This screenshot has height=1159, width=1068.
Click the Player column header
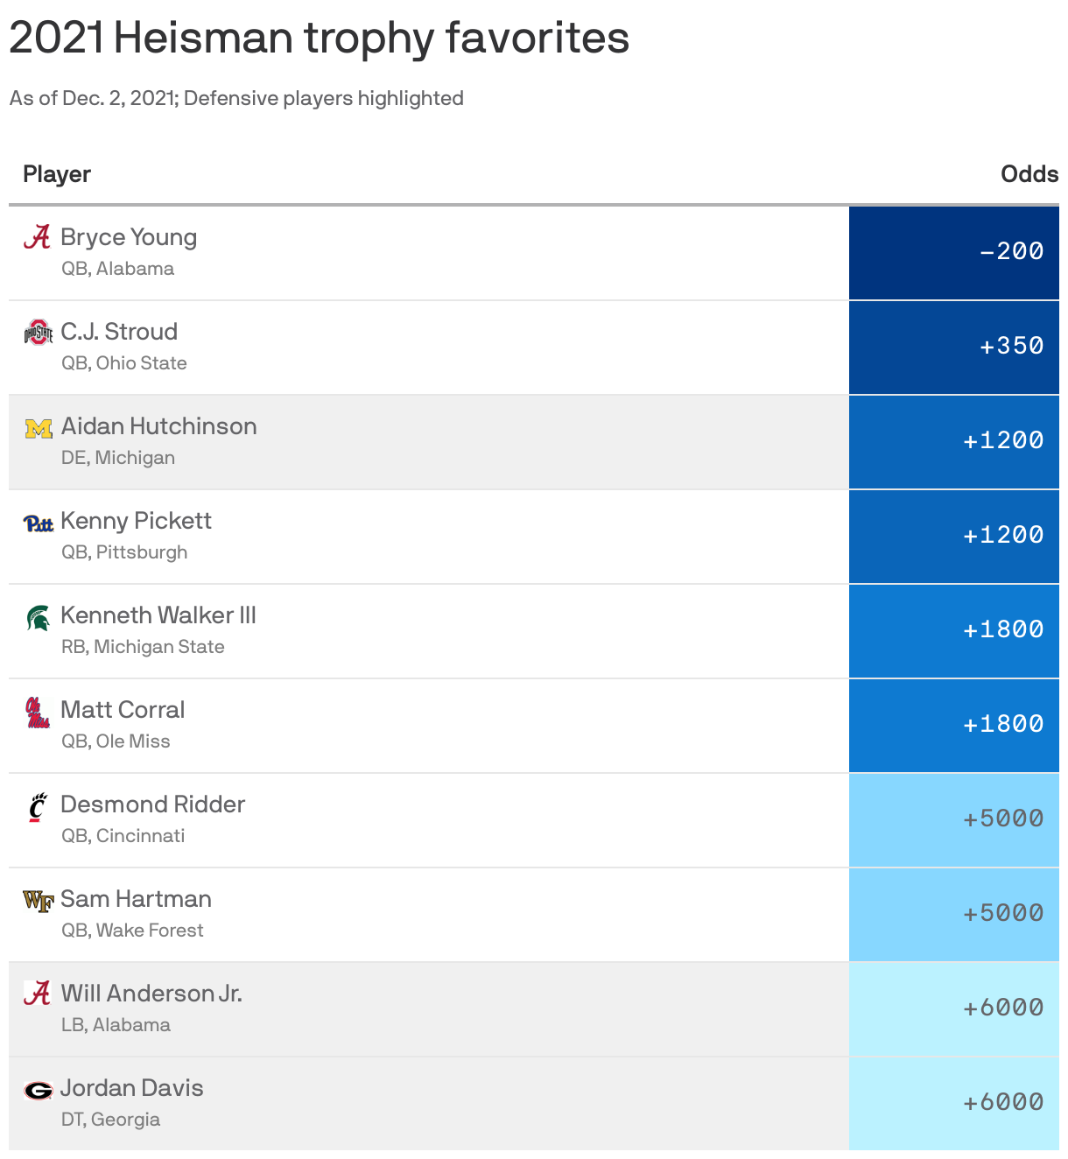[57, 174]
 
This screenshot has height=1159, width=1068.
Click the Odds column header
[1029, 174]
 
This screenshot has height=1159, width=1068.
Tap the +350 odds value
[1011, 347]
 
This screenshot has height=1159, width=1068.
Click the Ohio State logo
[39, 333]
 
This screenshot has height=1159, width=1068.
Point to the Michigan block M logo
[39, 428]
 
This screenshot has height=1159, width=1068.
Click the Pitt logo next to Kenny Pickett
[39, 523]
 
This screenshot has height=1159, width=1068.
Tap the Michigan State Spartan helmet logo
[39, 618]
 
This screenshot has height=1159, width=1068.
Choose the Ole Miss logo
[38, 713]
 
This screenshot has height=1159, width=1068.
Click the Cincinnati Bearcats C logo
[37, 807]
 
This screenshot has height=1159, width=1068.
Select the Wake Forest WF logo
[39, 901]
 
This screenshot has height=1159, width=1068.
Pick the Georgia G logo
[39, 1091]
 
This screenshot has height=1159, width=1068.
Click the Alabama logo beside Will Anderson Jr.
[37, 994]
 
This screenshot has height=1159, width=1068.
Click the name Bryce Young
[129, 237]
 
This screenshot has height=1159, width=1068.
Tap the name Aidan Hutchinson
[158, 426]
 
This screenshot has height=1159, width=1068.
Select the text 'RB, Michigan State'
[143, 647]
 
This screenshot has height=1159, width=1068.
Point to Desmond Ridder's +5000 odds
[1003, 819]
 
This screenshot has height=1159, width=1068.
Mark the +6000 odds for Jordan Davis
[1003, 1103]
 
